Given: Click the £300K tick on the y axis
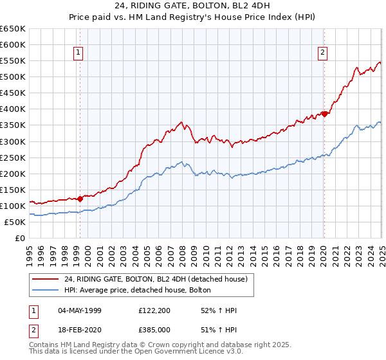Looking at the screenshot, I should coord(13,141).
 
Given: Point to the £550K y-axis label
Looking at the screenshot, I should coord(13,60).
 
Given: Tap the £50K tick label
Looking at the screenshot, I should coord(15,222).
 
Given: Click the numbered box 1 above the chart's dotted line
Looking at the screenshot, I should coord(78,53).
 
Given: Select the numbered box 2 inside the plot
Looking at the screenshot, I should coord(322,53).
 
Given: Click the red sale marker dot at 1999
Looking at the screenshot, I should coord(80,199).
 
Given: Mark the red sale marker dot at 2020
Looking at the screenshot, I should coord(325,114).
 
